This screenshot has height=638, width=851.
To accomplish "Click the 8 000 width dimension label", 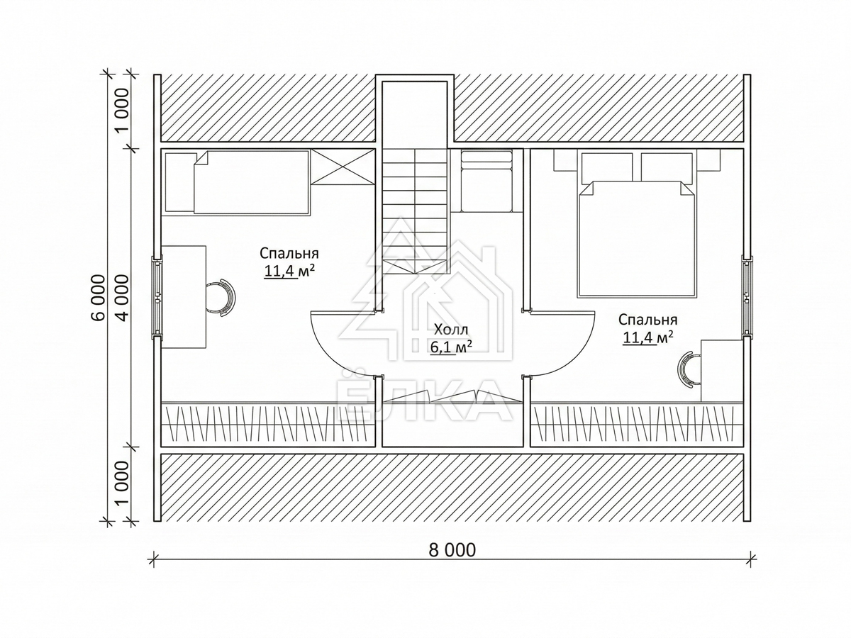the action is [452, 550].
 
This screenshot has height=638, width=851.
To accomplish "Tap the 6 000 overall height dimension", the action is [98, 298].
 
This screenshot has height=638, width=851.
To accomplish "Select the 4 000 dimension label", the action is [123, 298].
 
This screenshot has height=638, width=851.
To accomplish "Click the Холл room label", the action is [451, 330].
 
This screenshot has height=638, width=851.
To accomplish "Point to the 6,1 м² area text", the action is [451, 347].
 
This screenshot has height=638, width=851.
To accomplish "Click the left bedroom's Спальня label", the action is [289, 253].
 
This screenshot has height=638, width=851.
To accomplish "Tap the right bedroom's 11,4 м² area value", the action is [648, 337].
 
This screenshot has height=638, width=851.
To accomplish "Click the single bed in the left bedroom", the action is [252, 182].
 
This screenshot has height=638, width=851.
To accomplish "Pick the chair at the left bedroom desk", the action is [221, 298].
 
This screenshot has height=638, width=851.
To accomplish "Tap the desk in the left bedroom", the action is [184, 297].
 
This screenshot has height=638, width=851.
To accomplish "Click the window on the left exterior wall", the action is [157, 298].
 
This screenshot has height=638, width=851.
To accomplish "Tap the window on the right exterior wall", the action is [747, 298].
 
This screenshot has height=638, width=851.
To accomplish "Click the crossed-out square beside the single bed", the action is [343, 167].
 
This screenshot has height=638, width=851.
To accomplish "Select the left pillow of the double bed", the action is [607, 167].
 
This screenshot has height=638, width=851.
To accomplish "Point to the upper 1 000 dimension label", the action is [123, 111].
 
